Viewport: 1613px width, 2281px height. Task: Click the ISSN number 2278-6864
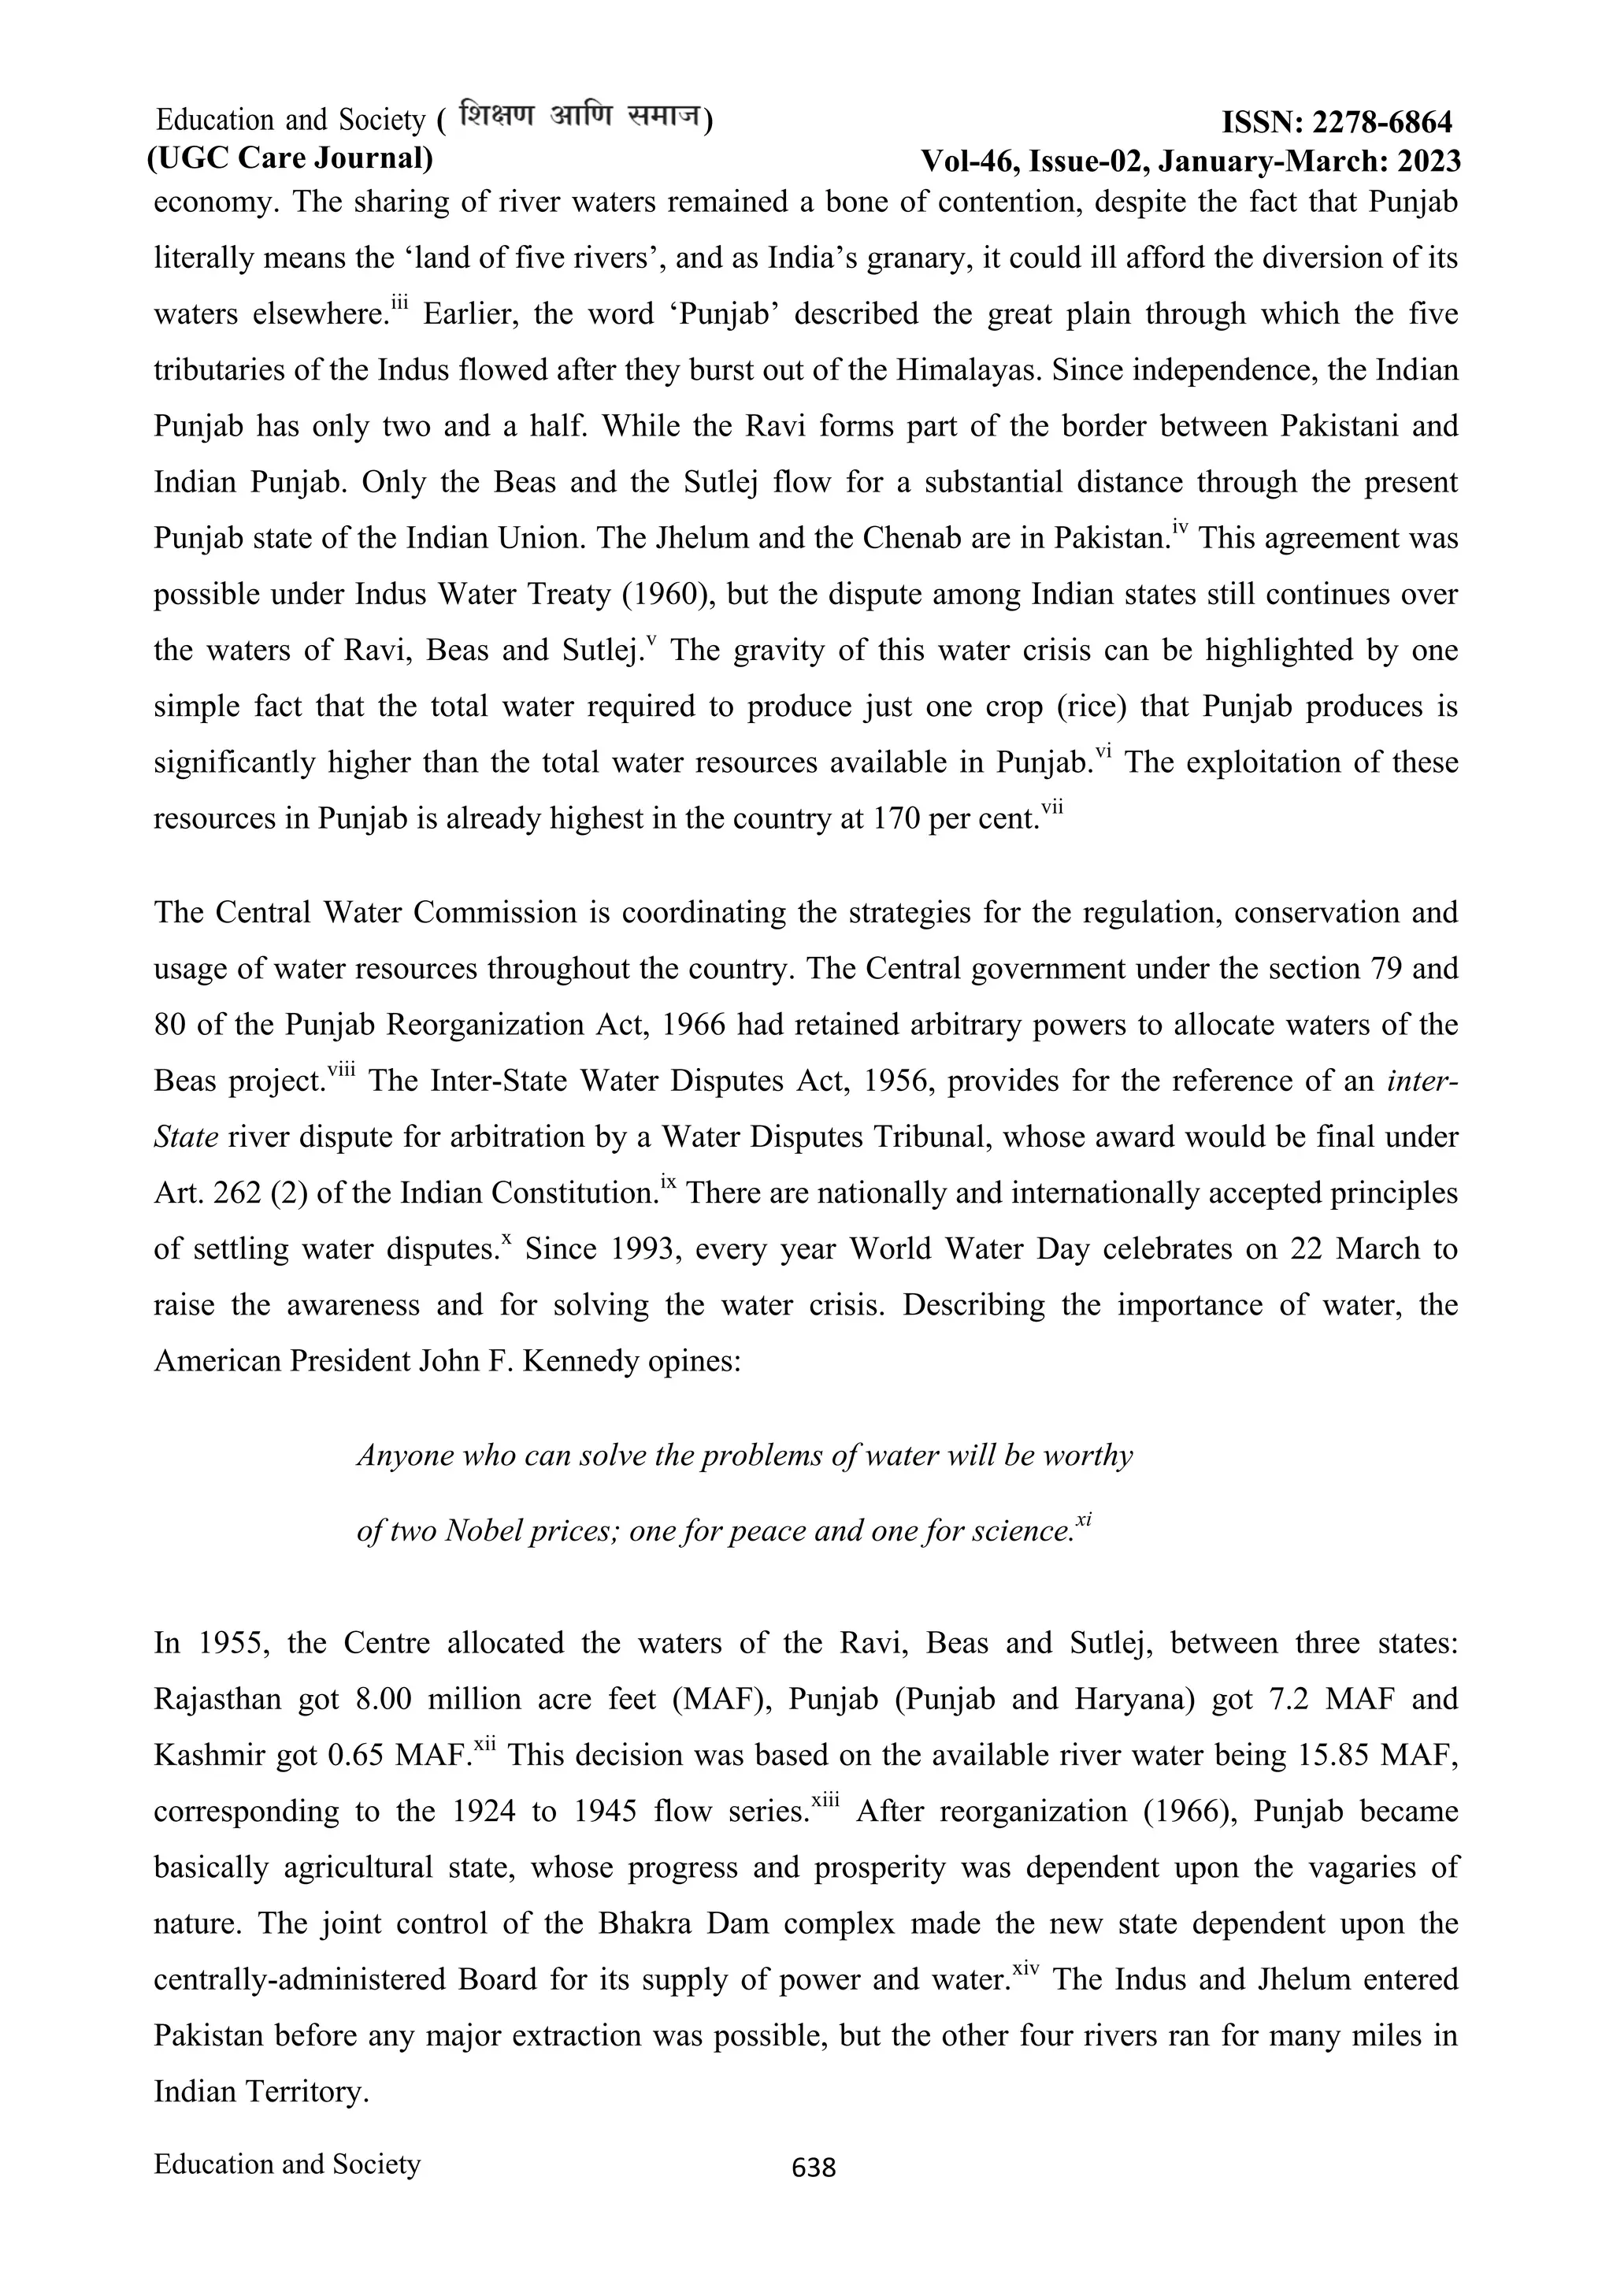click(x=1381, y=123)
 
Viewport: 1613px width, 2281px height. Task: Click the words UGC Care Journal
click(x=290, y=158)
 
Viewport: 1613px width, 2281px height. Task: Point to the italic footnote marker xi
click(x=1085, y=1521)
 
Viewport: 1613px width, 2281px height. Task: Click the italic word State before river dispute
click(x=186, y=1137)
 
